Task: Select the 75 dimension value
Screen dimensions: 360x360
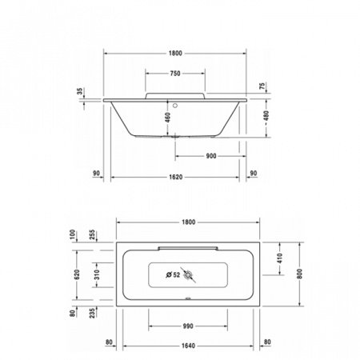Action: (x=262, y=86)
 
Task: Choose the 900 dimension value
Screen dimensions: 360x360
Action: (x=210, y=156)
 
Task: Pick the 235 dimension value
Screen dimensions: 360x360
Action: (x=93, y=314)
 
